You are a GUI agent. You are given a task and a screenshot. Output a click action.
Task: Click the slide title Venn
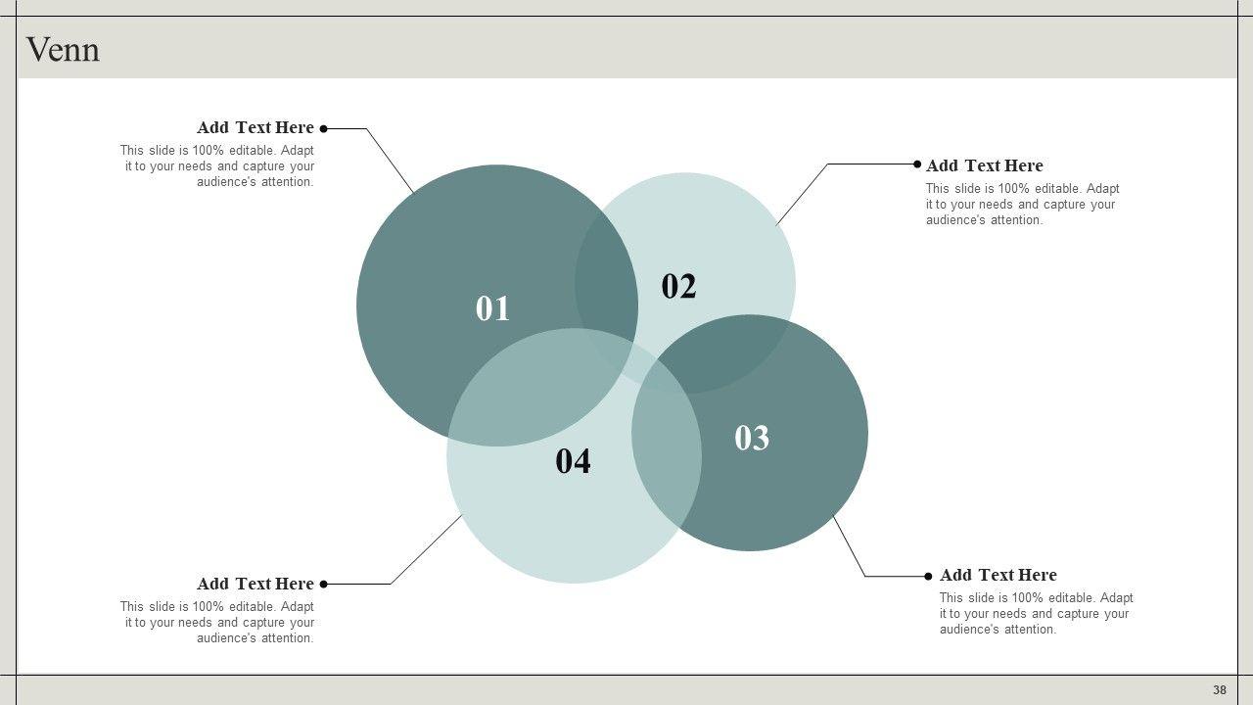point(63,50)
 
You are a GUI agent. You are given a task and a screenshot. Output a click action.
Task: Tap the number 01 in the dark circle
point(492,308)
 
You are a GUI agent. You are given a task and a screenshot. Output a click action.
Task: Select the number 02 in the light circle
point(678,286)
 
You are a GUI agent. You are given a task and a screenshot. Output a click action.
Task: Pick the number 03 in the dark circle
point(751,438)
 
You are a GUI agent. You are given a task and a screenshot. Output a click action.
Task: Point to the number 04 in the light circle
point(573,461)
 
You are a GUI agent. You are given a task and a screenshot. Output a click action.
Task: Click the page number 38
point(1220,690)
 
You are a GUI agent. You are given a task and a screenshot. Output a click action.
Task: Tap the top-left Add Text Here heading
point(255,127)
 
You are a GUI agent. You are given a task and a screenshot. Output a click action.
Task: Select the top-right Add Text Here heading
point(985,165)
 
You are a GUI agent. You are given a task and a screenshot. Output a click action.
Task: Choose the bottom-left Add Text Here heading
point(255,584)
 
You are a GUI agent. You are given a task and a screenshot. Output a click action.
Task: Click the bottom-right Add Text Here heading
point(998,575)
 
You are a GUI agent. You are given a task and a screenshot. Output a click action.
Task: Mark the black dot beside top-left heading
point(323,128)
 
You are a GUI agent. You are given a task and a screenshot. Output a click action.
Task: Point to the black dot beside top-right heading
point(917,164)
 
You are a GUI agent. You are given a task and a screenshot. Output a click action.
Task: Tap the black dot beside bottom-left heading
point(323,585)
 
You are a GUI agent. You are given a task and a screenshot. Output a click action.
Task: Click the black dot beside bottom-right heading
point(929,577)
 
